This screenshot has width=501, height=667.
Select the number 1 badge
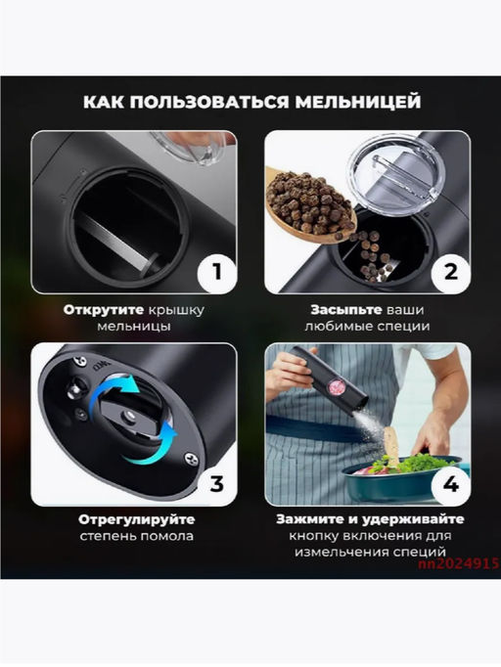click(217, 272)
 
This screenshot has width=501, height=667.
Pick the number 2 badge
click(450, 272)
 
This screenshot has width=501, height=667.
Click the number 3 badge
click(216, 484)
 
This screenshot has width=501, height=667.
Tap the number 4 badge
click(451, 484)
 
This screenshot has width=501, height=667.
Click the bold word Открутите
click(104, 310)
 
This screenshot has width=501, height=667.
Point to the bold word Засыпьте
click(346, 310)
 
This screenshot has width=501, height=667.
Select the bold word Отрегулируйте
click(136, 520)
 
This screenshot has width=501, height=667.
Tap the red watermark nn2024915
click(458, 563)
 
